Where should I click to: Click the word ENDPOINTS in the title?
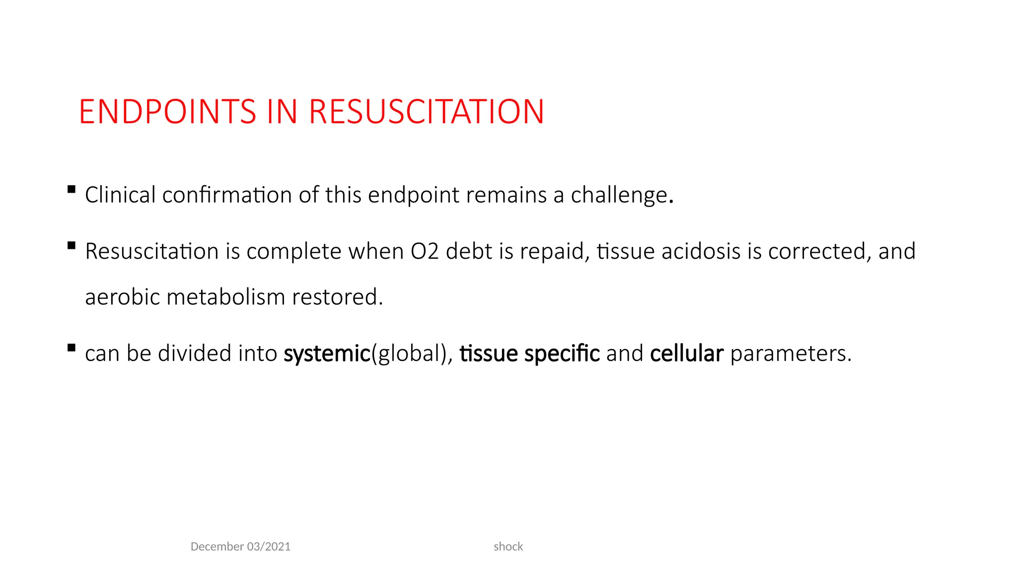click(167, 112)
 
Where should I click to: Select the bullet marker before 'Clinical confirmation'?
click(72, 189)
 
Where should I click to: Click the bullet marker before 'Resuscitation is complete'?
click(72, 245)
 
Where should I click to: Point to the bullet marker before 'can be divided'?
click(72, 348)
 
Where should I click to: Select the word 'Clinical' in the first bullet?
click(120, 195)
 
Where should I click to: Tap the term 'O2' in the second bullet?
click(425, 251)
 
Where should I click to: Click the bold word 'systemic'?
click(327, 354)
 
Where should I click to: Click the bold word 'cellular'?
click(686, 354)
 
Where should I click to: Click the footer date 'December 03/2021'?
click(240, 547)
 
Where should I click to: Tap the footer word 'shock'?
click(508, 547)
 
